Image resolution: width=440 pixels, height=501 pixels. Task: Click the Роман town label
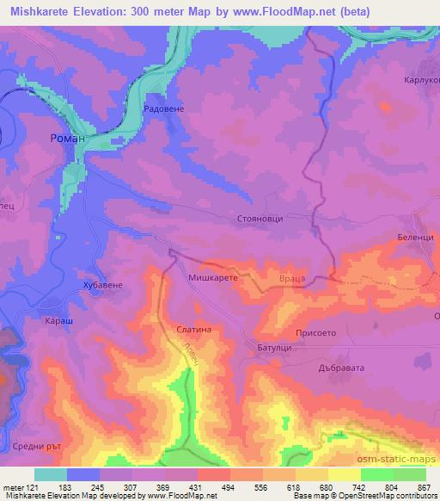pos(65,138)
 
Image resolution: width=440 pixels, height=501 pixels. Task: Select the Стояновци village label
pos(260,220)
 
